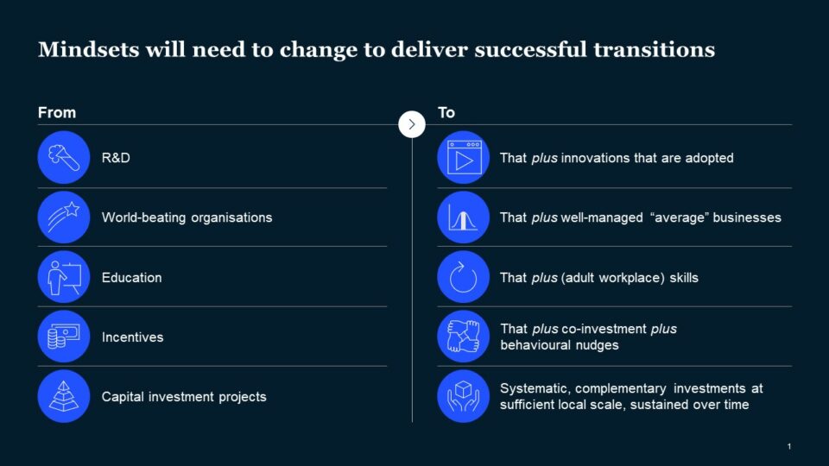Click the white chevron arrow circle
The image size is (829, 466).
(x=412, y=124)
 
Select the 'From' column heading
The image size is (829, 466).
(x=57, y=112)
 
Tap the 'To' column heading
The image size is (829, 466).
(x=446, y=112)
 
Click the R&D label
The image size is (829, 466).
(x=116, y=158)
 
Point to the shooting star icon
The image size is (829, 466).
(x=64, y=217)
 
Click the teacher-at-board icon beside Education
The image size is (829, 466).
(x=64, y=277)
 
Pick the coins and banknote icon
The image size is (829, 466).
(x=64, y=337)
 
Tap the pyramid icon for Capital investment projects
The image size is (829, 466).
(x=64, y=396)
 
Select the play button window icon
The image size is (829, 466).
(x=464, y=157)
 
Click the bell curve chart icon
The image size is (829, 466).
(x=464, y=217)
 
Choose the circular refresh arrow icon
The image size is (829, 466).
(x=464, y=277)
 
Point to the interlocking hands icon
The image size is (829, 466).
(x=464, y=337)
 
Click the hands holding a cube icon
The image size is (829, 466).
(x=464, y=396)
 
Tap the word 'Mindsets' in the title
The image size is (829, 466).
(x=89, y=50)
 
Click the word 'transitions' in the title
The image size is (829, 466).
(x=654, y=50)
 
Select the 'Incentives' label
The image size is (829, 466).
(x=132, y=337)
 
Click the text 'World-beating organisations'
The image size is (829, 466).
(x=187, y=217)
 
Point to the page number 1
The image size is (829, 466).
(x=788, y=446)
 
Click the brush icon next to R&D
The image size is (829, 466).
(x=64, y=157)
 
